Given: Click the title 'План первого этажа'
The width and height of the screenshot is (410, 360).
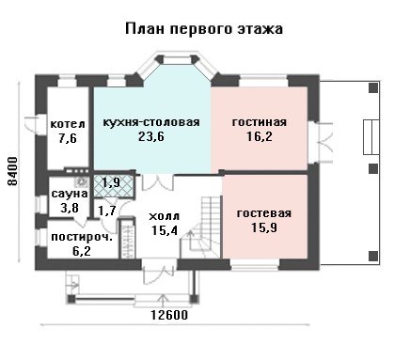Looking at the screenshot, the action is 204,29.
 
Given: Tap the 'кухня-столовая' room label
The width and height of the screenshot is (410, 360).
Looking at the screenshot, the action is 151,121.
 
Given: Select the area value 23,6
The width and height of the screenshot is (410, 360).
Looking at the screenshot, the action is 151,136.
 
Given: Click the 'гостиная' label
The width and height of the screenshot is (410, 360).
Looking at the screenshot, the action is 260,121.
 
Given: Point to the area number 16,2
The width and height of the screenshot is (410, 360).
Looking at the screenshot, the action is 260,136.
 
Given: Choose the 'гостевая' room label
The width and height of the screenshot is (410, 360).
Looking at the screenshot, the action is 264,213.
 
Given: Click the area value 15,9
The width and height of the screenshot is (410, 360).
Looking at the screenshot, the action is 264,227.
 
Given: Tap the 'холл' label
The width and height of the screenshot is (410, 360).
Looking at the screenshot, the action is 164,216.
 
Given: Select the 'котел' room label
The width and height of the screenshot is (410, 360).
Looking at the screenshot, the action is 68,123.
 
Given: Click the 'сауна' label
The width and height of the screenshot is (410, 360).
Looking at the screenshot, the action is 70,194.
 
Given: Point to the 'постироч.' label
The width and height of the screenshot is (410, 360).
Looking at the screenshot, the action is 82,237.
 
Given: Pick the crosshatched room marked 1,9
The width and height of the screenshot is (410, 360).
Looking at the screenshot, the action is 114,186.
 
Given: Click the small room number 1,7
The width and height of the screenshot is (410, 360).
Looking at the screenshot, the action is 107,211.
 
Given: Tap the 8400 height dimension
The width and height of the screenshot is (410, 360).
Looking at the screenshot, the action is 13,171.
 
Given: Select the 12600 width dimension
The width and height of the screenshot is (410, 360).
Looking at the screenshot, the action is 169,315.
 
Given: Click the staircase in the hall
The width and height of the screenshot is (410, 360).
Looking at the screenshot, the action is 201,227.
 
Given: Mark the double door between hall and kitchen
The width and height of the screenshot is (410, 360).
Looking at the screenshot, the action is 157,182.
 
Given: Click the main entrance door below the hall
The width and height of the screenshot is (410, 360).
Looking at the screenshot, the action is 160,275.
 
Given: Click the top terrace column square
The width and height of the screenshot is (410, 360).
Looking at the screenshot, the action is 373,87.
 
